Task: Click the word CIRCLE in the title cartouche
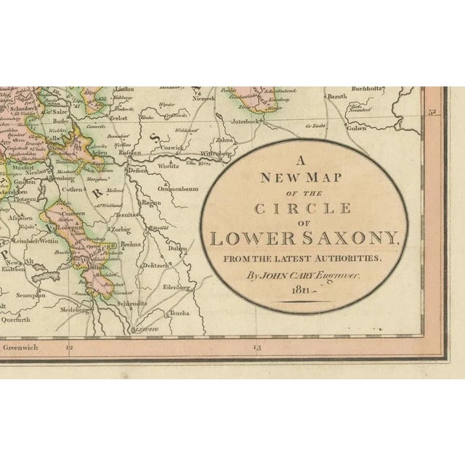302,209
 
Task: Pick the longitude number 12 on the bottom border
69,348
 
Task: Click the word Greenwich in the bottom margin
21,348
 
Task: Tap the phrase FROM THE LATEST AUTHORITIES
302,259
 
